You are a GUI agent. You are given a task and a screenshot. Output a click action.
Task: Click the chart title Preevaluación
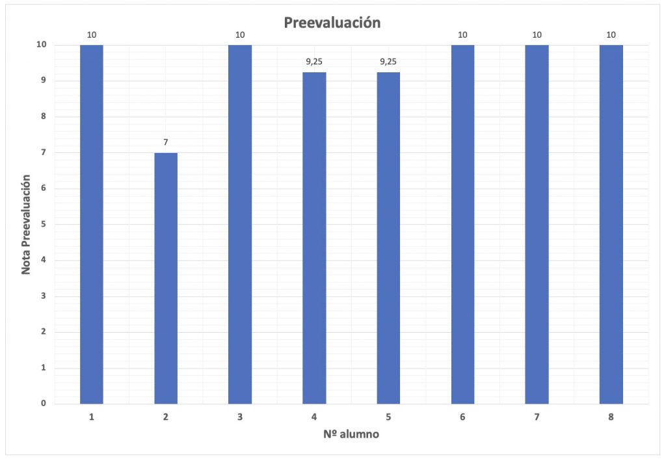pos(332,23)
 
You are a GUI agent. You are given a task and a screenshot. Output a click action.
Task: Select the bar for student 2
pos(166,278)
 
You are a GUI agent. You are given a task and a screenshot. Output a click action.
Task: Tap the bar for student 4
pos(314,238)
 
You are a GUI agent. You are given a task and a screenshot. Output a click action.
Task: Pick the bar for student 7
pos(537,224)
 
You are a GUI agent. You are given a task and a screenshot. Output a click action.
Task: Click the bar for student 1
pos(92,224)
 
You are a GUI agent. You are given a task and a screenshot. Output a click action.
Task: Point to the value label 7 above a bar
pos(166,141)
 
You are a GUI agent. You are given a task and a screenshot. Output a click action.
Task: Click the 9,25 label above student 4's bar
pos(314,62)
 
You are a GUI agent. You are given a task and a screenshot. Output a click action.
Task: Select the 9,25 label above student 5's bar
pos(388,62)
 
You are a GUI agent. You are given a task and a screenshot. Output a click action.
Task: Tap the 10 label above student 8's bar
pos(611,34)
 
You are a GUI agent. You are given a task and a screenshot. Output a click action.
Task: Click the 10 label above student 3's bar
pos(240,34)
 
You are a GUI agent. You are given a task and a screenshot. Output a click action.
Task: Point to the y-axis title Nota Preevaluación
pos(27,224)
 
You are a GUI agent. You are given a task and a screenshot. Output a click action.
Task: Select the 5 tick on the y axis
pos(43,225)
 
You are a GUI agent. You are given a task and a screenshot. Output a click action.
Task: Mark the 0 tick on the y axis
pos(43,404)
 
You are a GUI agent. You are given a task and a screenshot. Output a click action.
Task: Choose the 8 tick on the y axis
pos(43,117)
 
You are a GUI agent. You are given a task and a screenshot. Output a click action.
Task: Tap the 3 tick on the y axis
pos(43,296)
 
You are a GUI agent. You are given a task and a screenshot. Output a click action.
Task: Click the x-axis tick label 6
pos(462,417)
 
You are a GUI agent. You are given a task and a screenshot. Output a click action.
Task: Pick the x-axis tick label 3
pos(240,417)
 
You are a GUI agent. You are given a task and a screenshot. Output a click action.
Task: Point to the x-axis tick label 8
pos(611,417)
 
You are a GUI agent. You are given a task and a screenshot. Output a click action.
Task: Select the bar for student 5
pos(388,238)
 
